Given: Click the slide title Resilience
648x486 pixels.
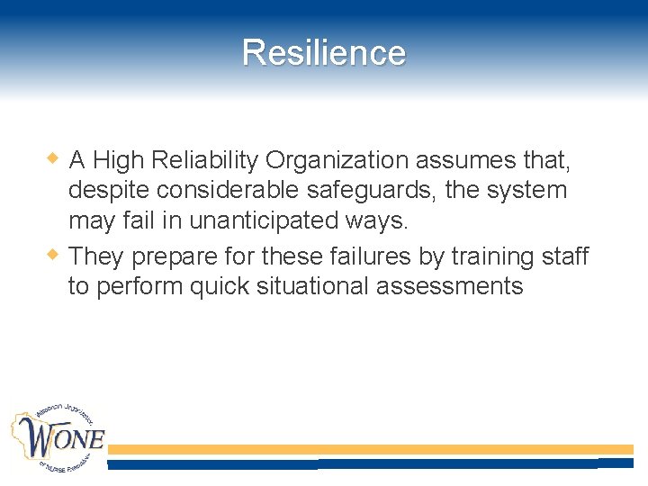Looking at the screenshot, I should (324, 52).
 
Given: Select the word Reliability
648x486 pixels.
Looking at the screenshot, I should (206, 161).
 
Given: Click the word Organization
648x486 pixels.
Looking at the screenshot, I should (337, 161).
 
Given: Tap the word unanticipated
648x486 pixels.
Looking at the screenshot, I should (253, 220).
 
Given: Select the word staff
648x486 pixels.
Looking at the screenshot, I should (564, 257).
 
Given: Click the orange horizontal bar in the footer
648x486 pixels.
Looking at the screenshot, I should (370, 448).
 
